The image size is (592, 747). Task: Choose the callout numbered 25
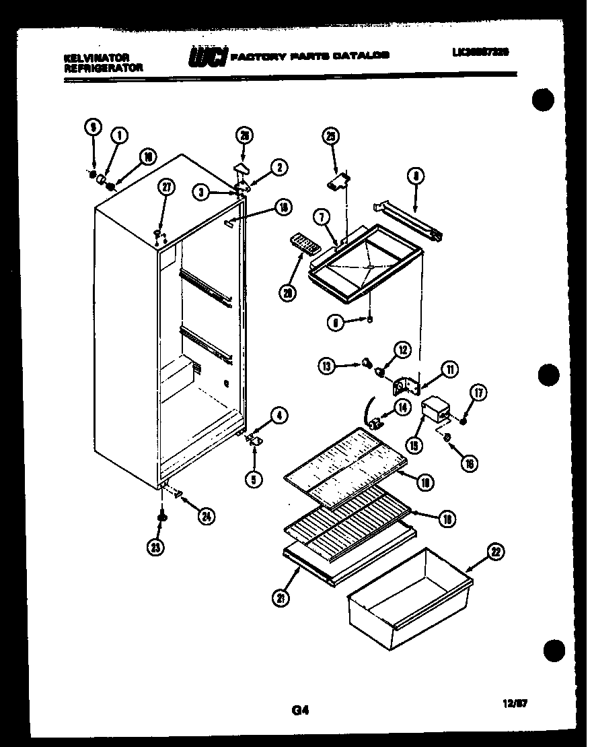click(330, 136)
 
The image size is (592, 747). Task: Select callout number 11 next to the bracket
click(449, 368)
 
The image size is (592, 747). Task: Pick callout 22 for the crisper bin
click(496, 554)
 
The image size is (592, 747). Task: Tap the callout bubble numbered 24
click(209, 517)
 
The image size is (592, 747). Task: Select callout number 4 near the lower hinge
click(279, 416)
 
